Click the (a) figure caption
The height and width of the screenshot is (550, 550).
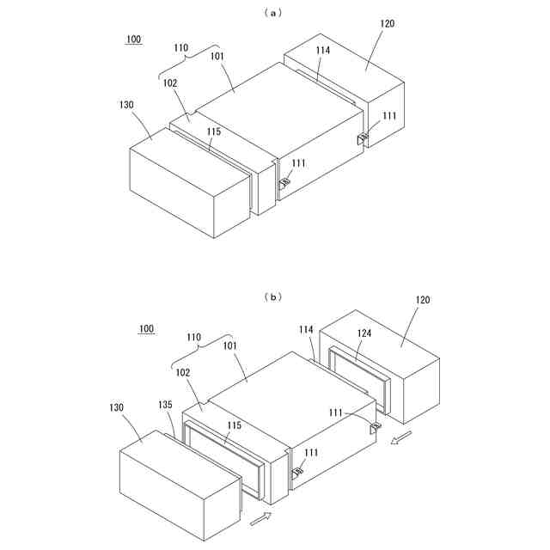273,13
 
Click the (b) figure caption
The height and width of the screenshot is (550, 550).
273,296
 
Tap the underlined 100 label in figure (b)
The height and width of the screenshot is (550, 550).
146,328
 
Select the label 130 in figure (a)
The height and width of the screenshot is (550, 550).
125,104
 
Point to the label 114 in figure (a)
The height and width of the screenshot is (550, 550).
323,51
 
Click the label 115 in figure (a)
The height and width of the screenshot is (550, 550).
214,131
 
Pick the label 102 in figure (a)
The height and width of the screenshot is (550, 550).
169,83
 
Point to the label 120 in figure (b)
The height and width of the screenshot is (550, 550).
423,300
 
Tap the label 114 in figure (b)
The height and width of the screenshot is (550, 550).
307,329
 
